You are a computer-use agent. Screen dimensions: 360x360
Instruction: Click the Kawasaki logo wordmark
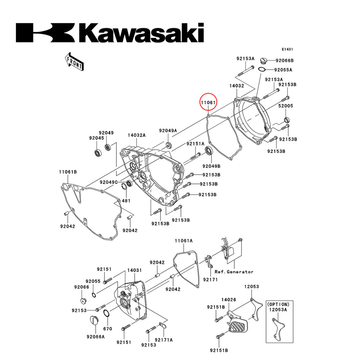click(x=110, y=33)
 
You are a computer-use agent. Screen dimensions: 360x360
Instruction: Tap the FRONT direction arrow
click(x=74, y=61)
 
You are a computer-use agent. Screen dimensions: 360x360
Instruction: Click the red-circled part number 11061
click(x=208, y=103)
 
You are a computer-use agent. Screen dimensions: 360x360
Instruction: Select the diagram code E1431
click(x=288, y=49)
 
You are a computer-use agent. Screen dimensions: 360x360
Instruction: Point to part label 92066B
click(x=284, y=60)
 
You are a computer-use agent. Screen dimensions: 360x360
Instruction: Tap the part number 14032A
click(x=136, y=135)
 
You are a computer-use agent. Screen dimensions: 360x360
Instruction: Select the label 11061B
click(x=68, y=172)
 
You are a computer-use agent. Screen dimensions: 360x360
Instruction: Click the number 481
click(x=126, y=201)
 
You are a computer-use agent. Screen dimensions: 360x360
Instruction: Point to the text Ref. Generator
click(x=234, y=272)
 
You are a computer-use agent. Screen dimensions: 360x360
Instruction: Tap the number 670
click(x=108, y=329)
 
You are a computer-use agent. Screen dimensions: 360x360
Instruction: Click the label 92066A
click(x=95, y=337)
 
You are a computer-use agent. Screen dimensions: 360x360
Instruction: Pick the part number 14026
click(x=229, y=300)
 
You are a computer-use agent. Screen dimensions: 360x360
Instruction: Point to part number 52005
click(x=285, y=106)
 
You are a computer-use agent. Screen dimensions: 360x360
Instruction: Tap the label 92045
click(x=96, y=138)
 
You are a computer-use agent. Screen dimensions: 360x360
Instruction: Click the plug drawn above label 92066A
click(x=93, y=320)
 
